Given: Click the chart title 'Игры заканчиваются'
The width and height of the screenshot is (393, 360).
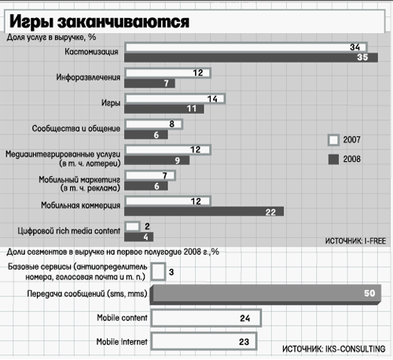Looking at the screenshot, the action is (x=99, y=21).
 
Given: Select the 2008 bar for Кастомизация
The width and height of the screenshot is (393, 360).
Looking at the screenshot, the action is (x=251, y=57).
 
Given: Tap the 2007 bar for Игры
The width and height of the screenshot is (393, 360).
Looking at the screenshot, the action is (x=174, y=99).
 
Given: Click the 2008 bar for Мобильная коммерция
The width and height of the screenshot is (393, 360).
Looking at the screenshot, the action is (x=204, y=211).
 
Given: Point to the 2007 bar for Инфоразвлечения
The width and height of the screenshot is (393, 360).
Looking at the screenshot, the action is (x=167, y=73).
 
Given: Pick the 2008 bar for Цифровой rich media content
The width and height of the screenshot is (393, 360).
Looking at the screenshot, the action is (x=138, y=237).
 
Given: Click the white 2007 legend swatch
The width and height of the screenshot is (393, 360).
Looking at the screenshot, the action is (x=333, y=140).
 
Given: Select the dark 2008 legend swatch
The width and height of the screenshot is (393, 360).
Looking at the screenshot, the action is (x=333, y=160).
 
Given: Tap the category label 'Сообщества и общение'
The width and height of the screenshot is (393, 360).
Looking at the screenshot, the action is (x=76, y=129).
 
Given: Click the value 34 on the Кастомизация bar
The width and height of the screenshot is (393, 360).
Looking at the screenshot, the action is (x=355, y=47).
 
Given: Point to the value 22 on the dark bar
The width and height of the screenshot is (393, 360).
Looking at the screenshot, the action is (x=270, y=212).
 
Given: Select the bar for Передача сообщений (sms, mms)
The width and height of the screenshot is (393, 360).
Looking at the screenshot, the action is (x=266, y=295).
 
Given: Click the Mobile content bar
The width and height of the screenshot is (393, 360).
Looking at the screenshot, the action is (x=206, y=318).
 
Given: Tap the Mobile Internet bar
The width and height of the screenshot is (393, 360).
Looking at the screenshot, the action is (x=204, y=341).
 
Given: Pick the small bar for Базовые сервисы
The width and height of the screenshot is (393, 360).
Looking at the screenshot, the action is (x=158, y=272).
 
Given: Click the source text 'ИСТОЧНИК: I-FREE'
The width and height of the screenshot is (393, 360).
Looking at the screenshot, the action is (x=355, y=241).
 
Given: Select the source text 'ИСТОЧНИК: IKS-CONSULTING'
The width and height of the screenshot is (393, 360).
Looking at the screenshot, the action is (x=334, y=349).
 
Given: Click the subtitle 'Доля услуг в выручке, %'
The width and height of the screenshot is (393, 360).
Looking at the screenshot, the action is (x=51, y=38).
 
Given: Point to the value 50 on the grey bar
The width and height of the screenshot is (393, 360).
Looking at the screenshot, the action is (x=369, y=293).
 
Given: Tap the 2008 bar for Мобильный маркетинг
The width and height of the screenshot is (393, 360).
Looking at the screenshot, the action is (x=146, y=186).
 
